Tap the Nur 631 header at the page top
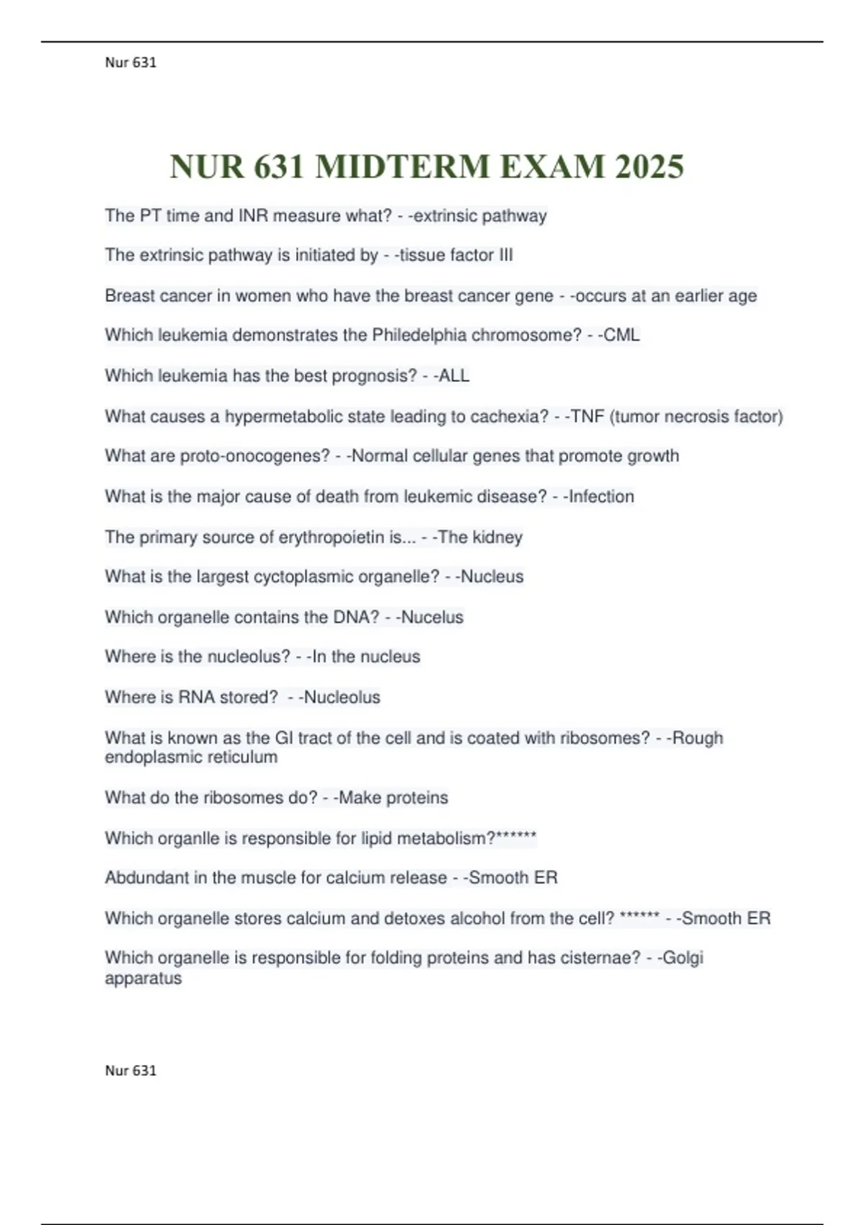(x=130, y=63)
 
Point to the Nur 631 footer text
(x=130, y=1070)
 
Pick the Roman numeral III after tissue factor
(x=506, y=255)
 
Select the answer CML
(x=621, y=335)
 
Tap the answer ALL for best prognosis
(x=454, y=375)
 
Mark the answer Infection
(x=601, y=496)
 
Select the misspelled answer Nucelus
(x=432, y=617)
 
